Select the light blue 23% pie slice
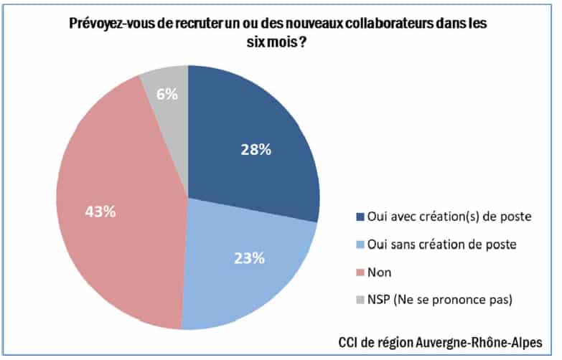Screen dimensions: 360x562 [248, 265]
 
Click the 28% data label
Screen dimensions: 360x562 [256, 150]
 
